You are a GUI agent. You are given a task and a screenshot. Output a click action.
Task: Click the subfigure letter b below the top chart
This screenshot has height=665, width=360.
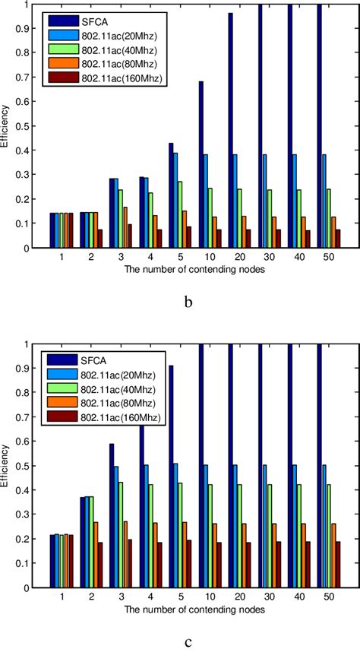coord(188,302)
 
